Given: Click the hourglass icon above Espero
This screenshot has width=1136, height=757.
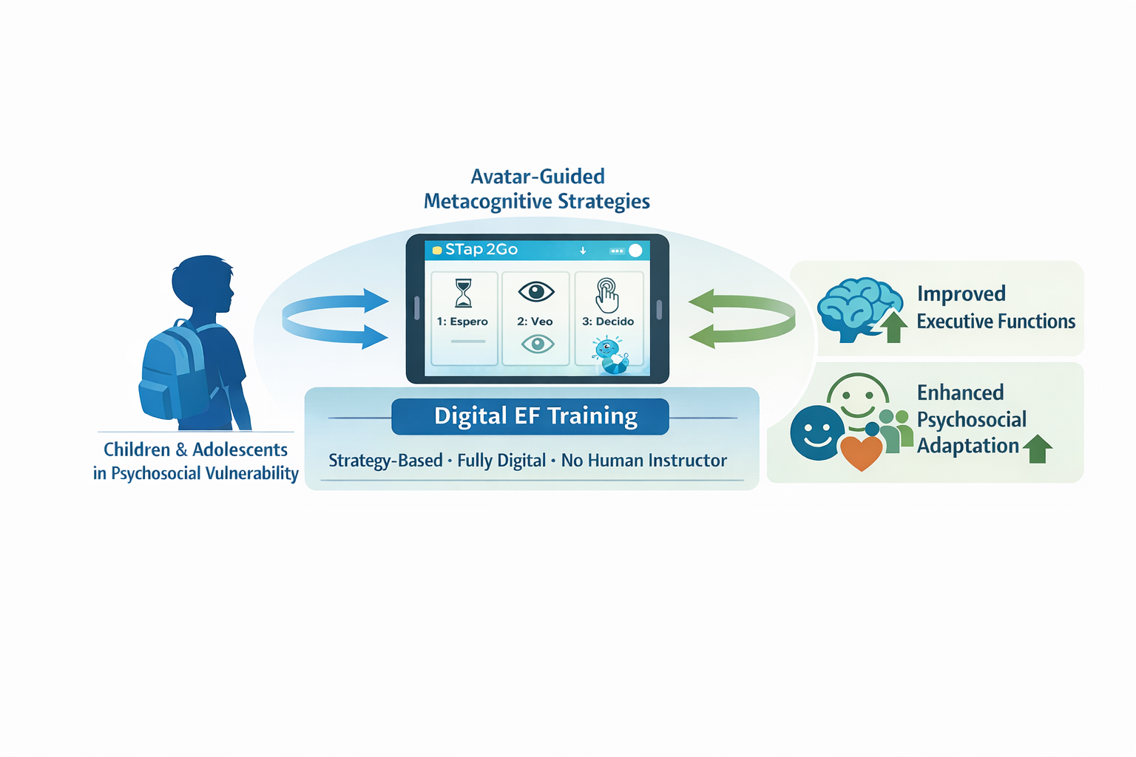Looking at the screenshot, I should (463, 293).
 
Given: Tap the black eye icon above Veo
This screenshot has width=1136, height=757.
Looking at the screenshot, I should (536, 291).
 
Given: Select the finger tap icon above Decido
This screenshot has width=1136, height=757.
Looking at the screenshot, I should (607, 295).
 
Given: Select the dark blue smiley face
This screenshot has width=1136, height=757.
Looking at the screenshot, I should (817, 432).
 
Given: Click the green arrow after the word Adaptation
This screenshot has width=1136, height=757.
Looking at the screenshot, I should (1038, 448).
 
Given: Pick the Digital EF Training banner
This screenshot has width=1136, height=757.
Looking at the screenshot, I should (530, 416).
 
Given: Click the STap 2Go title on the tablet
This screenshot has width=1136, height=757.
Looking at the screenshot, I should (481, 250).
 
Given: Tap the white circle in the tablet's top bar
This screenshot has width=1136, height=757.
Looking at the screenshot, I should (635, 251).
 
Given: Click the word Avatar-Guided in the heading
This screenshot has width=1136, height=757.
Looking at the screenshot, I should (538, 176).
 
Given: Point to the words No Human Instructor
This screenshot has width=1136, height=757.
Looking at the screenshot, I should (643, 461).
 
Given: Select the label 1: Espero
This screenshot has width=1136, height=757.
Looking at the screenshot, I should (462, 322).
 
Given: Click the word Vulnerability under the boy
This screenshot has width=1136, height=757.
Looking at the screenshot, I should (251, 473).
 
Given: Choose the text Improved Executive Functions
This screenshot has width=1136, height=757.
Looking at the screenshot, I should (995, 308).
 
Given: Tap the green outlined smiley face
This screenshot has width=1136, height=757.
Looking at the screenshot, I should (858, 399).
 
